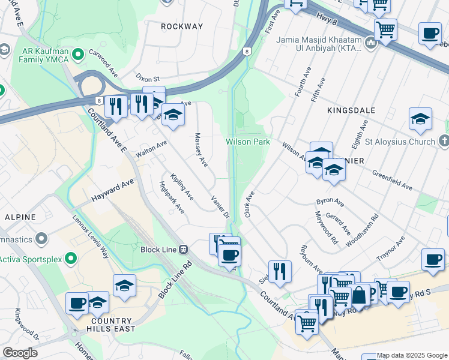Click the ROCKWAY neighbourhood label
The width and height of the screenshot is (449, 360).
click(182, 26)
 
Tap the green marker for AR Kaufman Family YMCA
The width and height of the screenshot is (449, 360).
click(77, 56)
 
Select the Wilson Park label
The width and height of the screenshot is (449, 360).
click(247, 142)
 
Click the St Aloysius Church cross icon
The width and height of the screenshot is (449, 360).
click(443, 142)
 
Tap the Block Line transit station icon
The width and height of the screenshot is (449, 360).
click(184, 250)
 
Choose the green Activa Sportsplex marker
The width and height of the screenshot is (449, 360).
click(71, 259)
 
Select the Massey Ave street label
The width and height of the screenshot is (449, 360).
click(200, 150)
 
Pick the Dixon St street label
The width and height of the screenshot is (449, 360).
click(148, 79)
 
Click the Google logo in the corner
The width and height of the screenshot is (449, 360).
click(20, 353)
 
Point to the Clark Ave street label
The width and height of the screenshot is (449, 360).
click(250, 204)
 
